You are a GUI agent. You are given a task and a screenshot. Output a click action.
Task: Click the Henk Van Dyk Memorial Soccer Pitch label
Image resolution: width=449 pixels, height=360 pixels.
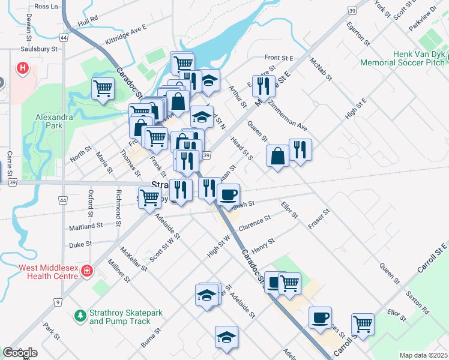(x=402, y=58)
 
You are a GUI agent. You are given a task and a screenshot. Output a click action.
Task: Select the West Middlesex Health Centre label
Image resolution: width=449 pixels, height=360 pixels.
(x=41, y=271)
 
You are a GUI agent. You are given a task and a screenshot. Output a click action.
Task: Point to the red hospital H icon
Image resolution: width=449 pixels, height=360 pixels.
(x=23, y=68)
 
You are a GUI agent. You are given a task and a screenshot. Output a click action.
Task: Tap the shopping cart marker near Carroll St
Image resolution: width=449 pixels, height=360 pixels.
(x=363, y=324)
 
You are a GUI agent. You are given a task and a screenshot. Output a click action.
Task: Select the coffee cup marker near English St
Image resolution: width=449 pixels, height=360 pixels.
(x=228, y=194)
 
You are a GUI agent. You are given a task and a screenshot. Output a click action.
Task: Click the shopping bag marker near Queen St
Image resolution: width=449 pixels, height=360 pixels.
(x=277, y=157)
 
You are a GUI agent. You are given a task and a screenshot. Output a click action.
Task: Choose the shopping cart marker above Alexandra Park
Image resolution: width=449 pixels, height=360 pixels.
(x=103, y=89)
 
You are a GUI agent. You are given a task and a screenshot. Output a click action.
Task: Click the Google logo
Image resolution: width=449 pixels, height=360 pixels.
(x=20, y=353)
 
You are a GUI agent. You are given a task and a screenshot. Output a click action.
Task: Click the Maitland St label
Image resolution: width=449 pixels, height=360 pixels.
(x=86, y=227)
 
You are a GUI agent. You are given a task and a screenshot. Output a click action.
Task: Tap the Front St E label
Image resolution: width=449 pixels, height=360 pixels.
(x=279, y=58)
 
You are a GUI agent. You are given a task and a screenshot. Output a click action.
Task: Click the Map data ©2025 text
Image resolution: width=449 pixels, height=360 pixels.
(x=423, y=355)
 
